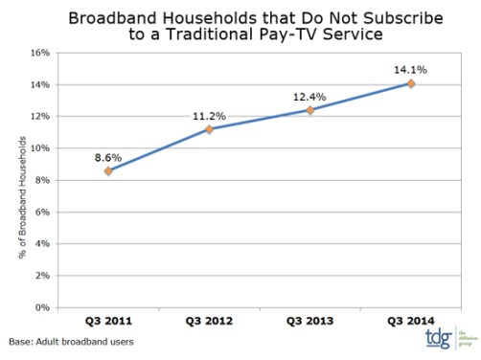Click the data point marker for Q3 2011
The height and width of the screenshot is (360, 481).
[108, 171]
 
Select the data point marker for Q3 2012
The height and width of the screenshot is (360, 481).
[209, 129]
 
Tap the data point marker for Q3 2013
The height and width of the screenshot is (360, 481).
[309, 110]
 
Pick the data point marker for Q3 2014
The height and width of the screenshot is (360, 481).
[411, 83]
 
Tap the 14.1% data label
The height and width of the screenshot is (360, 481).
[410, 68]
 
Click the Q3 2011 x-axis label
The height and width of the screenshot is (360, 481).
[108, 321]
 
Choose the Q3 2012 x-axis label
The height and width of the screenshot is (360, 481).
[209, 321]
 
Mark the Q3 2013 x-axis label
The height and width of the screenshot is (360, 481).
[309, 321]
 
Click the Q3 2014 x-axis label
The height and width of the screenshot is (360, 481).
[410, 321]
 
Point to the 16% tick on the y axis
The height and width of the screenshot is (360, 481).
[40, 53]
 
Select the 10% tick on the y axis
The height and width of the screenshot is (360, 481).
[40, 148]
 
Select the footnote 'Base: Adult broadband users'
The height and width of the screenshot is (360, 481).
[72, 341]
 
